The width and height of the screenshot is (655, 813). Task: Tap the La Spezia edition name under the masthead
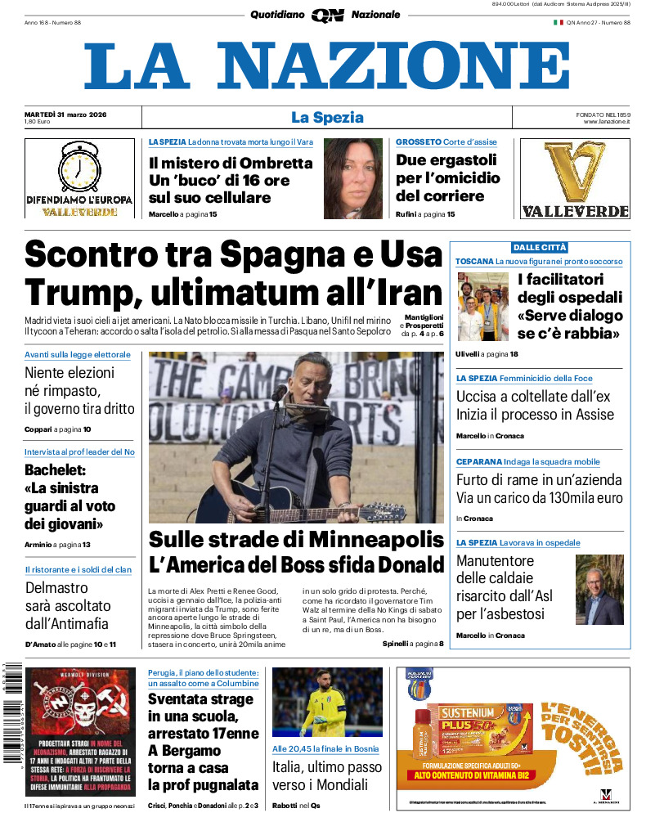tap(327, 117)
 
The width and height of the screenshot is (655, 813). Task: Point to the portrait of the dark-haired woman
tap(352, 178)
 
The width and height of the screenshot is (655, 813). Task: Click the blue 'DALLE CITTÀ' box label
tap(539, 247)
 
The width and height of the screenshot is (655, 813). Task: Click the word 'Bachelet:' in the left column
tap(56, 470)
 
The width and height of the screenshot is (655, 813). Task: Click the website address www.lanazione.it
tap(607, 122)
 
